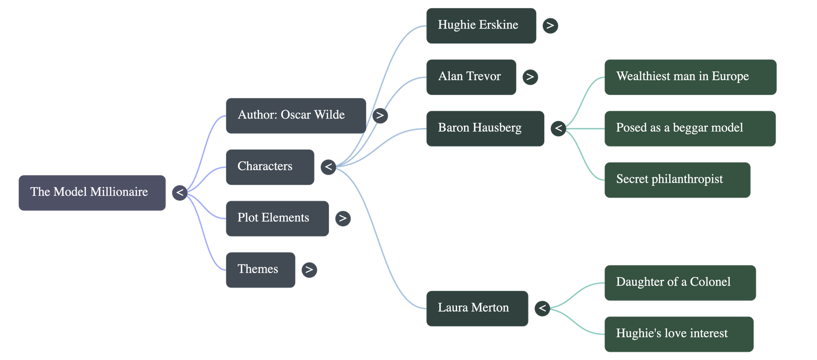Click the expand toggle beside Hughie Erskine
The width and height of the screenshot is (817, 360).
[x=550, y=26]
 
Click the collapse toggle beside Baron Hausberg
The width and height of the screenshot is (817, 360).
[x=558, y=128]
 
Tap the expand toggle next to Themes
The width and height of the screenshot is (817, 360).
[x=309, y=270]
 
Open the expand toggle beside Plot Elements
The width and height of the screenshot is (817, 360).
[x=343, y=218]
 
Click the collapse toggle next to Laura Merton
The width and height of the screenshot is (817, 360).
[x=542, y=308]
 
